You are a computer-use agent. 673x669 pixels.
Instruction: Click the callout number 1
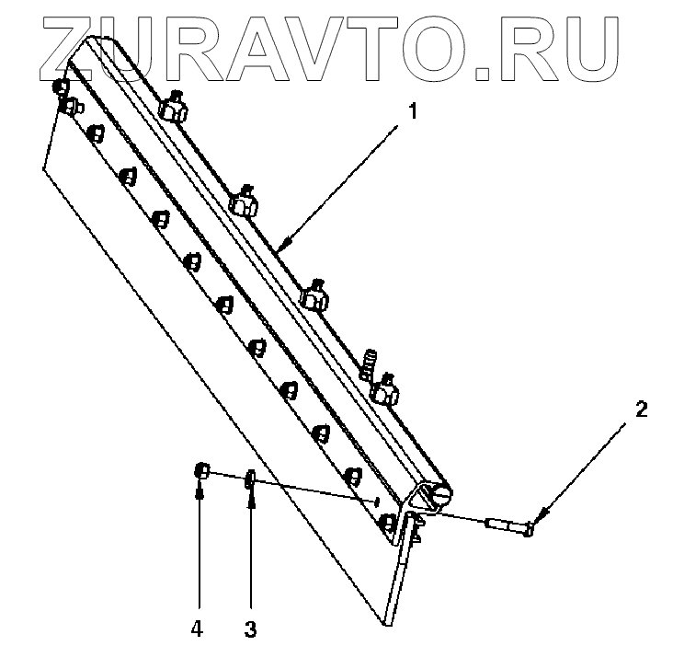tap(413, 112)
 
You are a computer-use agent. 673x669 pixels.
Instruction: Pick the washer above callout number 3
tap(250, 481)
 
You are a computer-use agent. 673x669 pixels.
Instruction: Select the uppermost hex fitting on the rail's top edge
tap(174, 108)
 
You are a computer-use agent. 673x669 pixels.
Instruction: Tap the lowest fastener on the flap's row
tap(389, 524)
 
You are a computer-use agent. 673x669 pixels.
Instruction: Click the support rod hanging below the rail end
tap(401, 576)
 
